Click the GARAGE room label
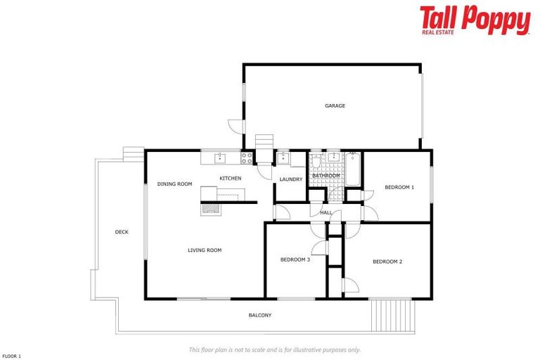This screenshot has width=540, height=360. coord(335,106)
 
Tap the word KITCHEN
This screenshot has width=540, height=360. coord(230,179)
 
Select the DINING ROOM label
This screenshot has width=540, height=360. coord(174,184)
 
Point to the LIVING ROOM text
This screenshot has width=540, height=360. coord(205,250)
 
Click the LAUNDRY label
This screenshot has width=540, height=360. coord(290,179)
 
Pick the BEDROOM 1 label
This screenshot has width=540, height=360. coord(399,188)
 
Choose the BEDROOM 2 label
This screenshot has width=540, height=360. coord(387,262)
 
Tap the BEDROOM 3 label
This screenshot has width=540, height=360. coord(295,259)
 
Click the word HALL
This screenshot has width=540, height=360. coord(326,212)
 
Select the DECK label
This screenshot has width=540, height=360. coord(122,232)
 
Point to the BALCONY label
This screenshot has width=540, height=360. coord(259,315)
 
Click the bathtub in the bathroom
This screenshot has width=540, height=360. coord(353,168)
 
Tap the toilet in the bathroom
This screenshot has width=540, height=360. coord(316,162)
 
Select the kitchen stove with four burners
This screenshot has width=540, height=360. coord(247,157)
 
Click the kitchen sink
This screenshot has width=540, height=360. coord(219,157)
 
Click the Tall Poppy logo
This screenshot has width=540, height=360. coord(475,20)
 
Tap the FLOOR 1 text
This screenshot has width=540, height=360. coord(11,356)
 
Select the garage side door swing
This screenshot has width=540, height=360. coord(236,126)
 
